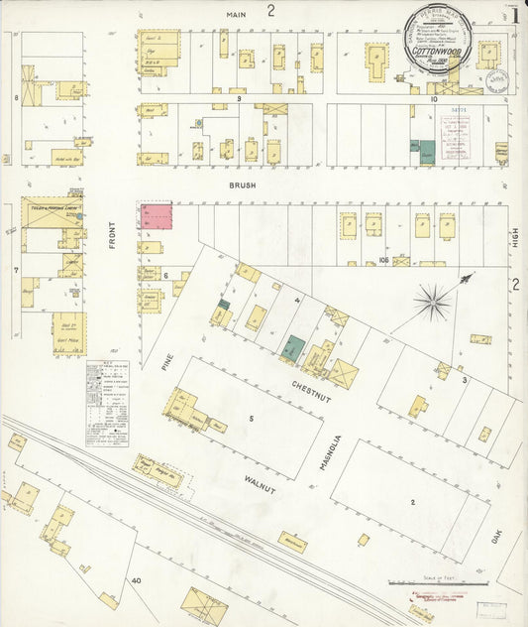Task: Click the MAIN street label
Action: [235, 14]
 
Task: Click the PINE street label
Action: [166, 358]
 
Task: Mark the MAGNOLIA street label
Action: [337, 452]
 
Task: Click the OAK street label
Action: [496, 539]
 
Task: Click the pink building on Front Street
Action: [155, 217]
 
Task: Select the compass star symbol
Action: [433, 299]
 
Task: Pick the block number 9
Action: [239, 99]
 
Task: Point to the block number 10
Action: [433, 99]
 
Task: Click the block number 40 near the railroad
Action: [137, 579]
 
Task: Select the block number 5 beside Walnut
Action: [252, 420]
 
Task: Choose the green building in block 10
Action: [426, 152]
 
